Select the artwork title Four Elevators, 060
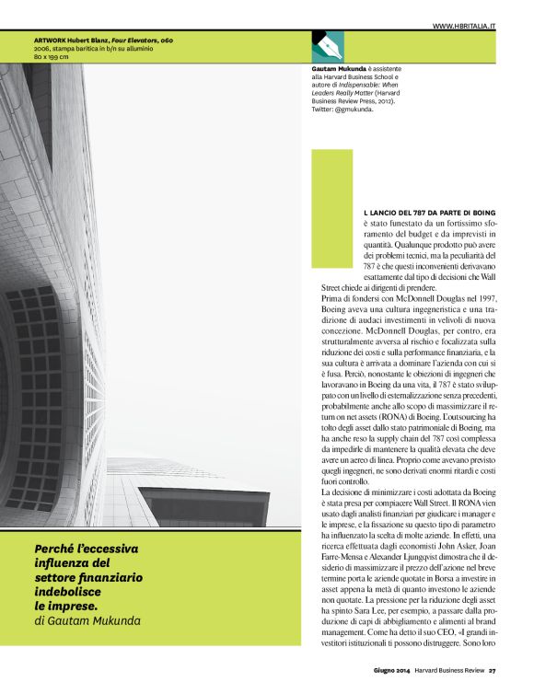(142, 40)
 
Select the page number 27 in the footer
(493, 670)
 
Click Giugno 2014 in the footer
(392, 670)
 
